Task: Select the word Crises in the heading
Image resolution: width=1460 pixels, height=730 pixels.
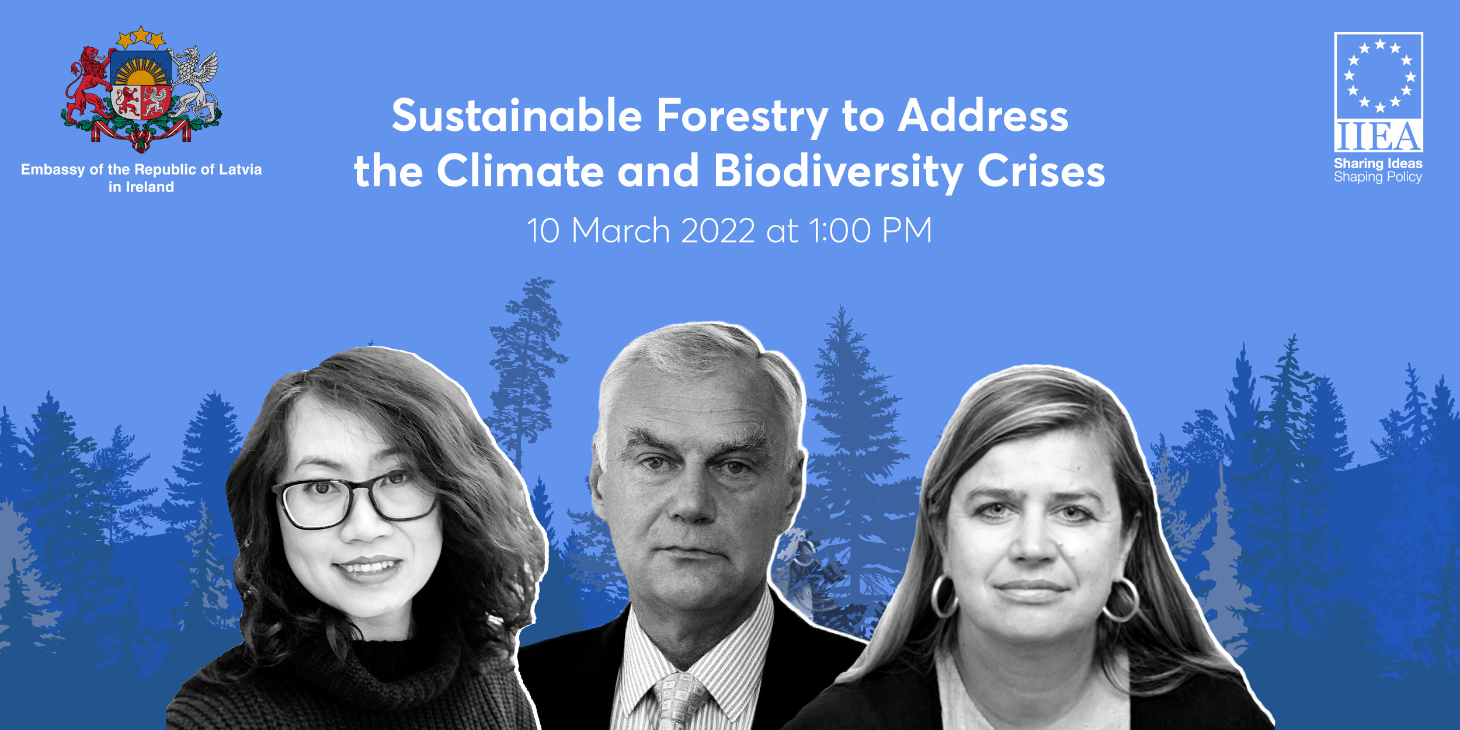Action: pyautogui.click(x=1041, y=171)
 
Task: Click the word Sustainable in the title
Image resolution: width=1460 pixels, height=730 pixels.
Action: pyautogui.click(x=517, y=115)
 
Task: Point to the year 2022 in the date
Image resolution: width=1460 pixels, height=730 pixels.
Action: pyautogui.click(x=718, y=231)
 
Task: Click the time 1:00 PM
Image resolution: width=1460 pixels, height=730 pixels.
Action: pyautogui.click(x=870, y=231)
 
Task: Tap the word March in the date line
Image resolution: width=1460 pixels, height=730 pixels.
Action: pyautogui.click(x=621, y=231)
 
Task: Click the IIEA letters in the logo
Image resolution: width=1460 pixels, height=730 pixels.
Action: pyautogui.click(x=1378, y=136)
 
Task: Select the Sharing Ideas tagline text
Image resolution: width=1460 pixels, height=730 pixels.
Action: pyautogui.click(x=1378, y=164)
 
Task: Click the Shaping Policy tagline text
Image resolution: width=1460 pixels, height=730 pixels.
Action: pyautogui.click(x=1378, y=177)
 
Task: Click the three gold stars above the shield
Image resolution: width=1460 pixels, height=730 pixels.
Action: pyautogui.click(x=141, y=37)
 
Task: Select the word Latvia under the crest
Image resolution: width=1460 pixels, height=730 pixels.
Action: pyautogui.click(x=240, y=169)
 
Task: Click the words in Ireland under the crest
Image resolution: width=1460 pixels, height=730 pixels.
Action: pyautogui.click(x=141, y=187)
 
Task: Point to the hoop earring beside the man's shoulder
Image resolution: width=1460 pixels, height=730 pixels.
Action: pyautogui.click(x=943, y=596)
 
